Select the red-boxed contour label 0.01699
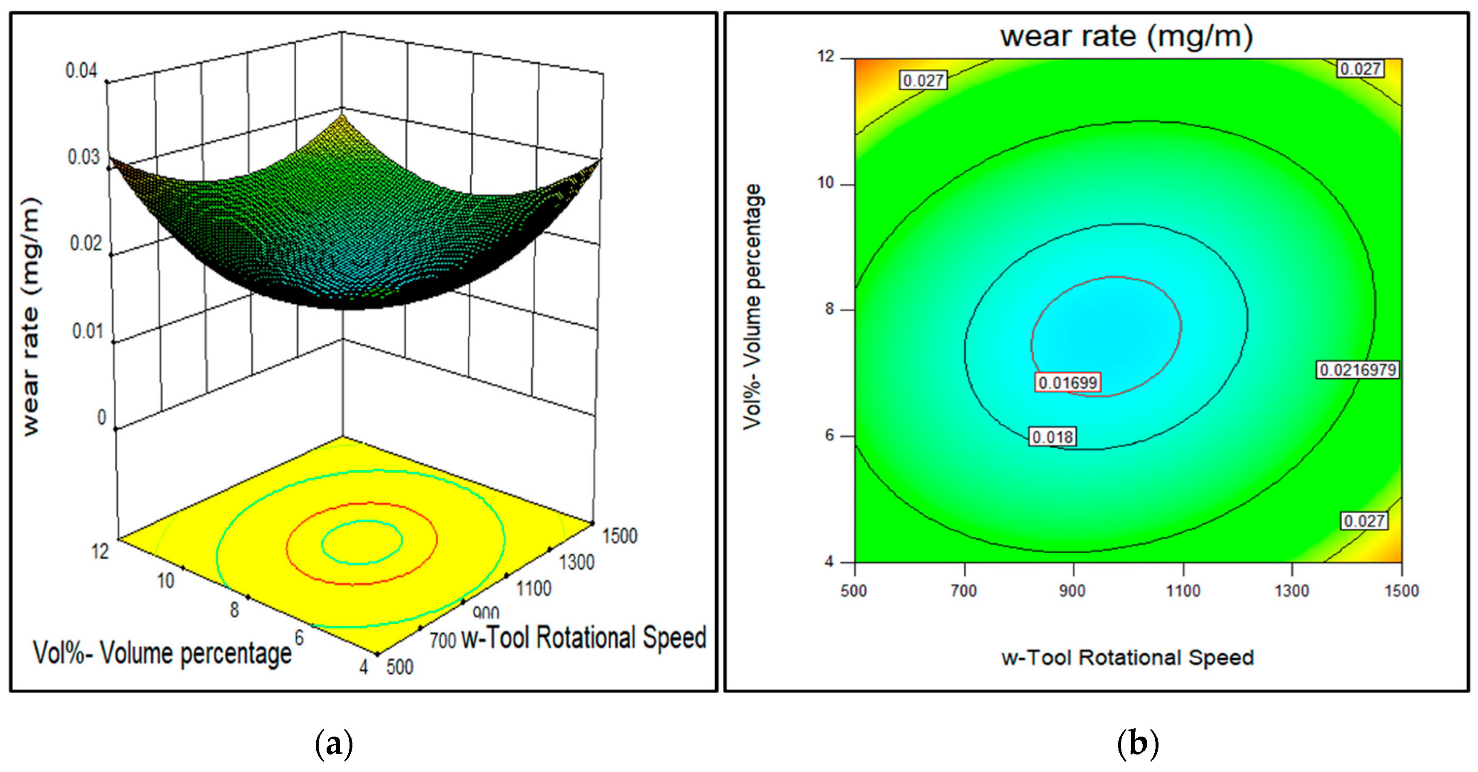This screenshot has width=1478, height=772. click(1067, 382)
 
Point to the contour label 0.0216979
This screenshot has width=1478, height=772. click(1357, 370)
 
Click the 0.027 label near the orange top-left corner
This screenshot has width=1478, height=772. click(923, 80)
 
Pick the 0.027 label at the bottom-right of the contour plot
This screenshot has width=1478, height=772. click(1364, 521)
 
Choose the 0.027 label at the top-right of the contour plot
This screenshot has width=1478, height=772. click(1360, 69)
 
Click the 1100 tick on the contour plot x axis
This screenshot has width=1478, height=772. click(1183, 591)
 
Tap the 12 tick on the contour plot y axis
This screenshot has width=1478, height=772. click(826, 56)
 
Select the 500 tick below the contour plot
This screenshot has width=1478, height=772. click(853, 591)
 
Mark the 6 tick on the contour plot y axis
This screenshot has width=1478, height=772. click(829, 435)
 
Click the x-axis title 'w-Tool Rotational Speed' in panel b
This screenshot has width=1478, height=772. click(1127, 657)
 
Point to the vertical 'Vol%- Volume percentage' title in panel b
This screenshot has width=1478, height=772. click(752, 307)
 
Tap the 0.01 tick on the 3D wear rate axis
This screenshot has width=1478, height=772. click(87, 331)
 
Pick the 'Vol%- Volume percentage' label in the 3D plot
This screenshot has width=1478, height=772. click(162, 654)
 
